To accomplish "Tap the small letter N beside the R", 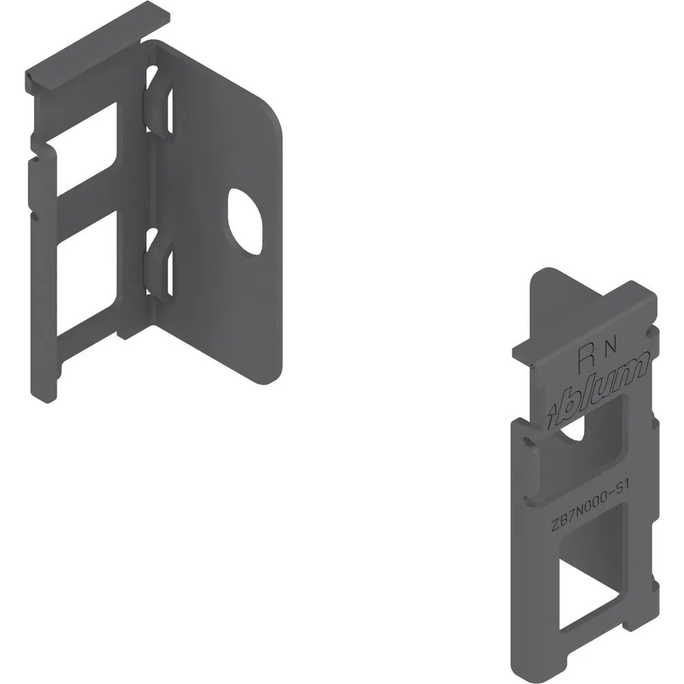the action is (x=611, y=347).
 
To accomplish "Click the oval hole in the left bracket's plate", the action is (x=244, y=222).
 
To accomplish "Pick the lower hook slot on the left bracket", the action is (x=157, y=265).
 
